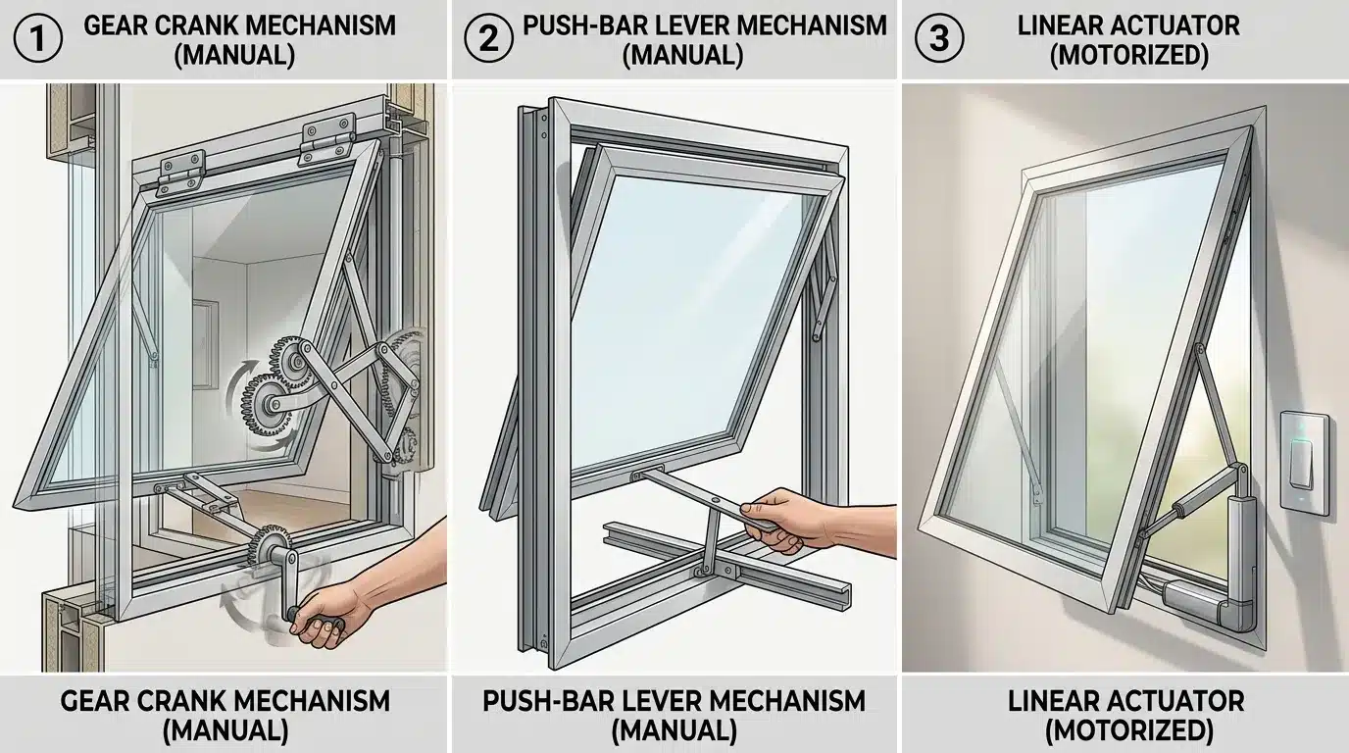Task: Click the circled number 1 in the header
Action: (39, 39)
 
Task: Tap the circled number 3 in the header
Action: (938, 39)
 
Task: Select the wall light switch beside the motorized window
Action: (1305, 463)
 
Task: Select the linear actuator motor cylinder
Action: (1237, 534)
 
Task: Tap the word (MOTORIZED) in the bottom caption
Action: (1125, 730)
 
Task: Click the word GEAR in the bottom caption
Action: (98, 701)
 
